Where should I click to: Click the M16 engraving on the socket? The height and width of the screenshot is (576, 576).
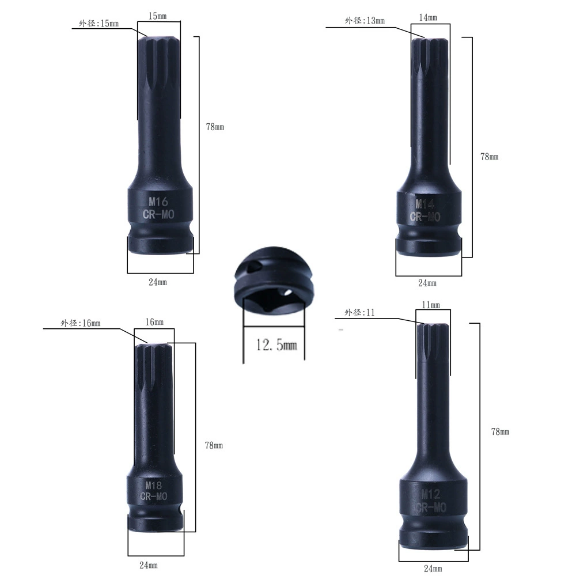click(x=158, y=201)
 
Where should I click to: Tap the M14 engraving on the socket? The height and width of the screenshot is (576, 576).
click(x=425, y=204)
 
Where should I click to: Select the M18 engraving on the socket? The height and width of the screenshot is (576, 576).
click(x=154, y=485)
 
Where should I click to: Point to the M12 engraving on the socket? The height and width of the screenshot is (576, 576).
click(x=430, y=494)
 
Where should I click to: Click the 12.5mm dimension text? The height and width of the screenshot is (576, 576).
click(x=276, y=344)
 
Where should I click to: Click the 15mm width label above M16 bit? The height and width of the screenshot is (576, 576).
click(x=158, y=16)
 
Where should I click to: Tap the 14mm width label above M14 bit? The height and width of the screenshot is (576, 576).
click(x=428, y=17)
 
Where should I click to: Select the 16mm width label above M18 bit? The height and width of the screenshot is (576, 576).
click(x=154, y=322)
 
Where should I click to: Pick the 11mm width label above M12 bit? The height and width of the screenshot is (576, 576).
click(x=430, y=305)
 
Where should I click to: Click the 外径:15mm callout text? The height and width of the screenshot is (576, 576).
click(x=98, y=24)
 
